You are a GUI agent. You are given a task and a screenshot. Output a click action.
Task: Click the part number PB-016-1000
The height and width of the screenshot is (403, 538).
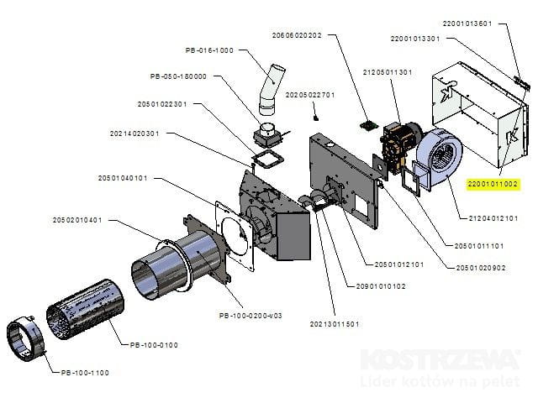209,50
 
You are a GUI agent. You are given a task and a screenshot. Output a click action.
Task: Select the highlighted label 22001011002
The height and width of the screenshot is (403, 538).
493,183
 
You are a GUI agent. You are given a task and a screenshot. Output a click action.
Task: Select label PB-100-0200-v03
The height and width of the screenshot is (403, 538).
250,315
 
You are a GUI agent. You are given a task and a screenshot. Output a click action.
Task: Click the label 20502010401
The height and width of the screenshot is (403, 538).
76,221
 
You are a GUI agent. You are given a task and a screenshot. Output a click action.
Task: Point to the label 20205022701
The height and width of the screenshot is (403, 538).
310,95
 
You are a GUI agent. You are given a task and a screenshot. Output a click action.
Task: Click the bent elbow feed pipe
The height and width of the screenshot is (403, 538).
271,88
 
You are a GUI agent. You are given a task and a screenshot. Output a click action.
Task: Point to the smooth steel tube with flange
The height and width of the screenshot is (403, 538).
172,264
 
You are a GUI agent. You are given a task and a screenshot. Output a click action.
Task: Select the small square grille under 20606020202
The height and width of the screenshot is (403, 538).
367,126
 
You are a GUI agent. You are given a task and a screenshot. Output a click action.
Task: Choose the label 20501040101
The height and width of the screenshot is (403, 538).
123,178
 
